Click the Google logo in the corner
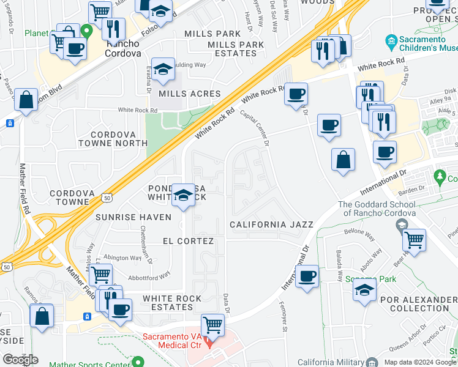pyautogui.click(x=20, y=360)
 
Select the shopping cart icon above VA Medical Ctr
pyautogui.click(x=213, y=324)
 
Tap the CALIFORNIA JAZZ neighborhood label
pyautogui.click(x=271, y=225)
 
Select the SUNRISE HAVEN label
pyautogui.click(x=124, y=217)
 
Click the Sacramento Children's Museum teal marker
pyautogui.click(x=391, y=42)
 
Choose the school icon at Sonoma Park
pyautogui.click(x=365, y=289)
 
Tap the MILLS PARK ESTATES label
pyautogui.click(x=236, y=49)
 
